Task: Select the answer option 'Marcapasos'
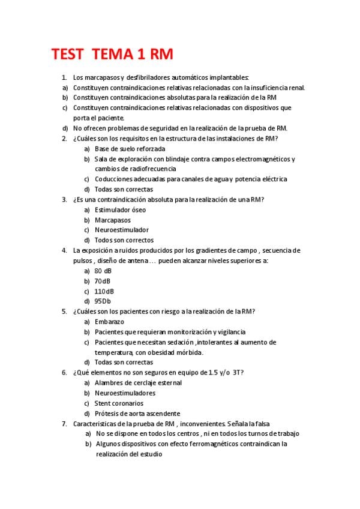click(113, 220)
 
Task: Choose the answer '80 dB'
click(103, 271)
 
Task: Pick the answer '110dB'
click(104, 291)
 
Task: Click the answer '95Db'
click(103, 301)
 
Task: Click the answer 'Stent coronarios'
click(119, 403)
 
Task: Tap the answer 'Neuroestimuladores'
click(125, 393)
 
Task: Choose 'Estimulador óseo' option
click(120, 209)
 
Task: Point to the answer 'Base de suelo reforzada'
click(130, 148)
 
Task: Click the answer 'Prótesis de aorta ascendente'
click(137, 414)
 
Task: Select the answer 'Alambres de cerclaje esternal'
click(138, 383)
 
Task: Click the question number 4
click(64, 250)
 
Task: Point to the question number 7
click(64, 424)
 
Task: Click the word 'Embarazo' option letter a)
click(87, 322)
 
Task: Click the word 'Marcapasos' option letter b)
click(87, 220)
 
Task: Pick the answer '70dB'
click(103, 281)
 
